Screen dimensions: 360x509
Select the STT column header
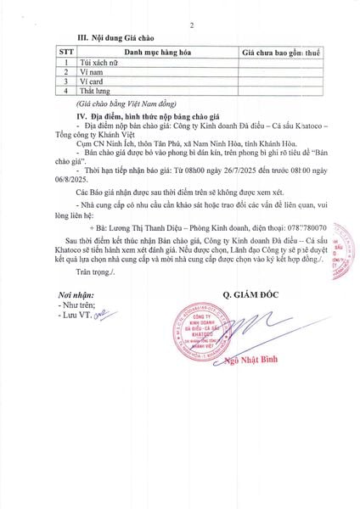click(65, 52)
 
